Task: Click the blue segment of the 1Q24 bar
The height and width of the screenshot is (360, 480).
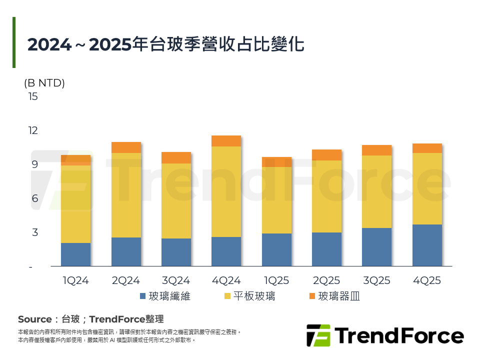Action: (75, 254)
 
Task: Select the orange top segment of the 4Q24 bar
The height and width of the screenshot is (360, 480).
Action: (226, 141)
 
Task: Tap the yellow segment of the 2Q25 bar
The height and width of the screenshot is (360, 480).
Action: (326, 196)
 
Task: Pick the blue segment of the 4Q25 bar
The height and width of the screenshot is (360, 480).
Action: (427, 245)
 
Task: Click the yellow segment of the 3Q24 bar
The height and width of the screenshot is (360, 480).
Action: (176, 201)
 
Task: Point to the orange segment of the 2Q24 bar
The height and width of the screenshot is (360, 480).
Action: (126, 147)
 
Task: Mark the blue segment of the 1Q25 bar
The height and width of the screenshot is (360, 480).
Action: (276, 249)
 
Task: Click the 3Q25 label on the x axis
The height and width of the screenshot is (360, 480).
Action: (376, 280)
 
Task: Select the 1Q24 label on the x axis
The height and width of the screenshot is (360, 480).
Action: (75, 280)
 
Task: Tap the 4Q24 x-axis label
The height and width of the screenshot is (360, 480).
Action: (226, 280)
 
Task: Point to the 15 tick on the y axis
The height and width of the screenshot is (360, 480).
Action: (32, 96)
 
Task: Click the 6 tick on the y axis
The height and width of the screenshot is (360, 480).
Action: (35, 198)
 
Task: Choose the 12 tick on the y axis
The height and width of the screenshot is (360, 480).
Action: (32, 130)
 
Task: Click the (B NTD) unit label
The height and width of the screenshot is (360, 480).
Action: (44, 83)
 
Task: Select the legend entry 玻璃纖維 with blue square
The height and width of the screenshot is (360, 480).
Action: (165, 296)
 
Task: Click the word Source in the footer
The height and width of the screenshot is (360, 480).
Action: (34, 319)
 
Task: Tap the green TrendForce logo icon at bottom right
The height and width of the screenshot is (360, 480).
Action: (318, 335)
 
